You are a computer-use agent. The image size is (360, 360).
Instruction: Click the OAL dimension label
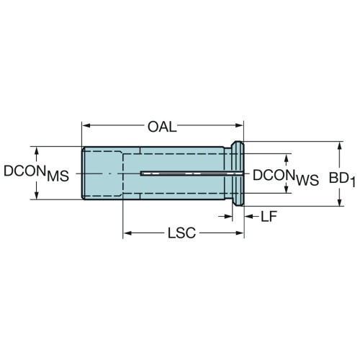pos(162,127)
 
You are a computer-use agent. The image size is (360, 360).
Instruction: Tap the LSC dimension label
pos(181,233)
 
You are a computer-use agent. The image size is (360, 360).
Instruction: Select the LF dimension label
pos(269,217)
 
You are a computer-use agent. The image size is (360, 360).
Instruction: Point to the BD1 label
pos(342,179)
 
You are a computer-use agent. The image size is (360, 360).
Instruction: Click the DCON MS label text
pos(36,174)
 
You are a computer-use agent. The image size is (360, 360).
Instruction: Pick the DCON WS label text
pos(286,177)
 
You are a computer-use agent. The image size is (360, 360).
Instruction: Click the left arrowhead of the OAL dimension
pos(86,125)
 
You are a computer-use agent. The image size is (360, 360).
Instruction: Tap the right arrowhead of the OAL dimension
pos(239,125)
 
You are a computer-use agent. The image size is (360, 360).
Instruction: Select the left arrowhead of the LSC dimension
pos(127,233)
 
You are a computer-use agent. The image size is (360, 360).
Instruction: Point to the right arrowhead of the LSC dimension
pos(240,233)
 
